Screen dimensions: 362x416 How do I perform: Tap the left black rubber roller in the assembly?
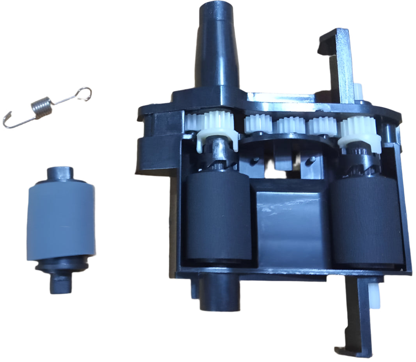(x=217, y=220)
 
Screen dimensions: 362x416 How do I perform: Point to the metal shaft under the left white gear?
(x=219, y=150)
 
